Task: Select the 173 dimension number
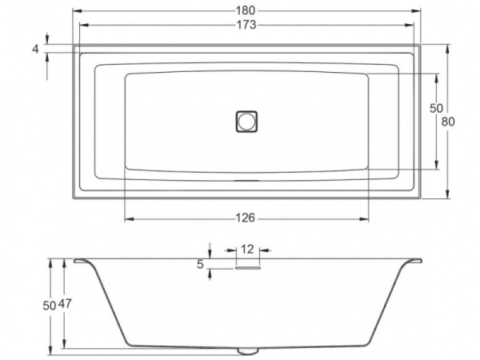(246, 26)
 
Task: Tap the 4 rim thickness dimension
(36, 49)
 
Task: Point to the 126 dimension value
(246, 218)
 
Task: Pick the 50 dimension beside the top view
(436, 108)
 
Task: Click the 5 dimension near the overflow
(201, 263)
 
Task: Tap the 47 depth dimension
(67, 304)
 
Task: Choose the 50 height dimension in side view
(50, 304)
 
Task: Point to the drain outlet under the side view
(248, 350)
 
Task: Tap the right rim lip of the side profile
(417, 261)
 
